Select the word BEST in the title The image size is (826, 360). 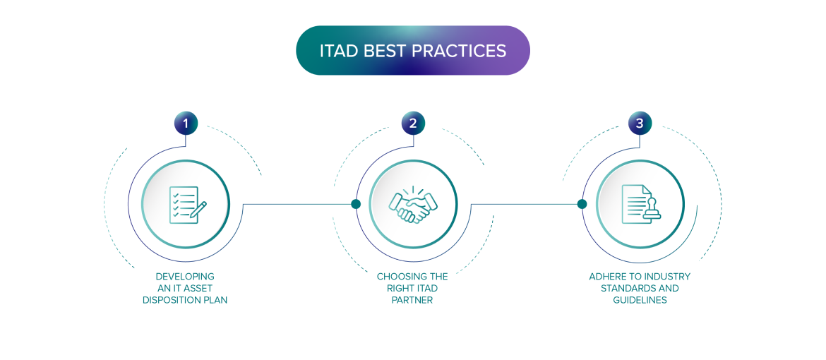tap(385, 51)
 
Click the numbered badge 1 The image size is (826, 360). tap(186, 124)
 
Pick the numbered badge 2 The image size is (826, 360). tap(413, 124)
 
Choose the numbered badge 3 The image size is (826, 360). tap(640, 124)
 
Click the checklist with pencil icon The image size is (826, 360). tap(186, 204)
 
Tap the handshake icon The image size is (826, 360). tap(413, 204)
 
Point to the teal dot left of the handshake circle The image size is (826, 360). tap(356, 204)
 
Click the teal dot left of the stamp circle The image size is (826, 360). tap(582, 204)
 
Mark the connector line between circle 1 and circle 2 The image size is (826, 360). tap(297, 204)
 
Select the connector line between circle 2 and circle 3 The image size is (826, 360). tap(526, 204)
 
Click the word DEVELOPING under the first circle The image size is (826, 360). tap(185, 277)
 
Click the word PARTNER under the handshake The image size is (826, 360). tap(412, 300)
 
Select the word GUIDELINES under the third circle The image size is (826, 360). tap(640, 300)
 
